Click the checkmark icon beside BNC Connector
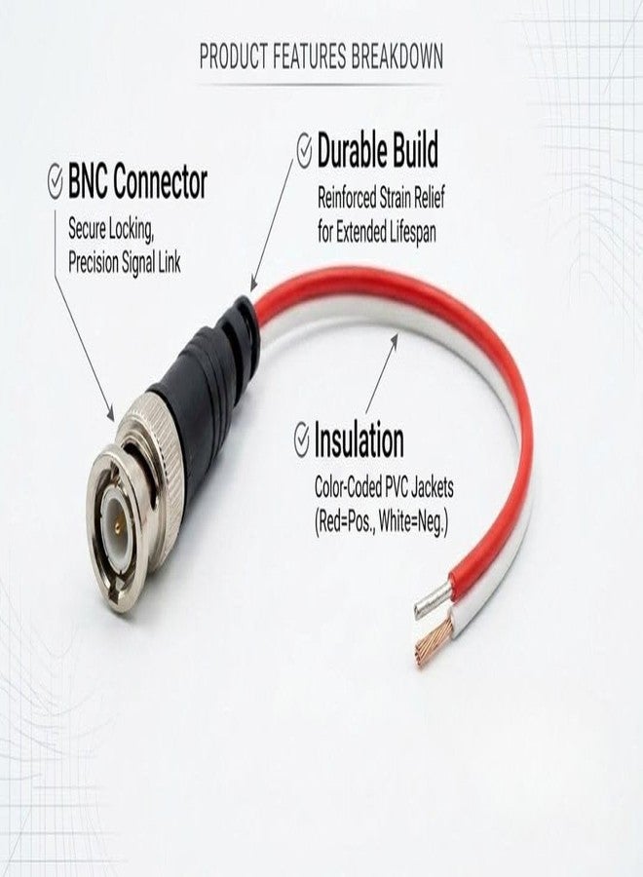pyautogui.click(x=55, y=181)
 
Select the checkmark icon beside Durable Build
pyautogui.click(x=304, y=150)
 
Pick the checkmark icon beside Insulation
pyautogui.click(x=301, y=439)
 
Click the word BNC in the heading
pyautogui.click(x=88, y=182)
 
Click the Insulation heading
pyautogui.click(x=359, y=440)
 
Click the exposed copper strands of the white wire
pyautogui.click(x=431, y=638)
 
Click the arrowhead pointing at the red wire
pyautogui.click(x=394, y=341)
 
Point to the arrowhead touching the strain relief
pyautogui.click(x=254, y=285)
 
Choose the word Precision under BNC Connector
pyautogui.click(x=93, y=262)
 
